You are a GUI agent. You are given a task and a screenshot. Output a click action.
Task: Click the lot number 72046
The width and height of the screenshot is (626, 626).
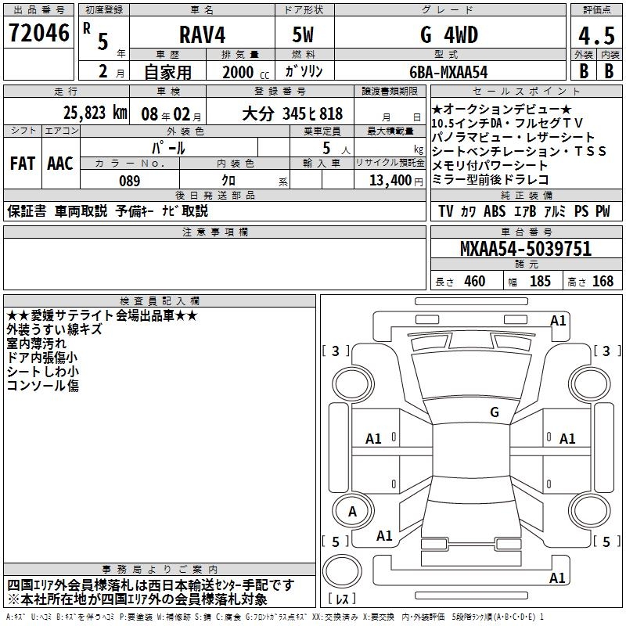point(38,33)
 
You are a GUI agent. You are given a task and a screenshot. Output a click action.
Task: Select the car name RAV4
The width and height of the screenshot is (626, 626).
point(202,34)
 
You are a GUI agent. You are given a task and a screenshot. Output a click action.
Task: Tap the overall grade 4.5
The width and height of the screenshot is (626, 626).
point(596,35)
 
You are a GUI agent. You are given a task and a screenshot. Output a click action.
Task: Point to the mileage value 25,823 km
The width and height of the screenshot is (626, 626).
point(95,113)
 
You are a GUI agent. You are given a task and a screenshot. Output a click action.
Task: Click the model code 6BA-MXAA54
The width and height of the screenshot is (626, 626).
point(448,72)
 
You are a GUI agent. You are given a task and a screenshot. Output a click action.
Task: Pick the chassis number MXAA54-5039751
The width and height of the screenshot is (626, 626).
point(525,249)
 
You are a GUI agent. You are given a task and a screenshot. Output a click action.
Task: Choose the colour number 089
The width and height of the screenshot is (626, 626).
point(129,181)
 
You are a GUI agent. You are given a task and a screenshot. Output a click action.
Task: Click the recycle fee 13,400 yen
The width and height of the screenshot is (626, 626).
point(396,181)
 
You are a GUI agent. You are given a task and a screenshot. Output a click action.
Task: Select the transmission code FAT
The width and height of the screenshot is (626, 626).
point(23,164)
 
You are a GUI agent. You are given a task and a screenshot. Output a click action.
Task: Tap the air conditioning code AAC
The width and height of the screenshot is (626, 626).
point(60,164)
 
